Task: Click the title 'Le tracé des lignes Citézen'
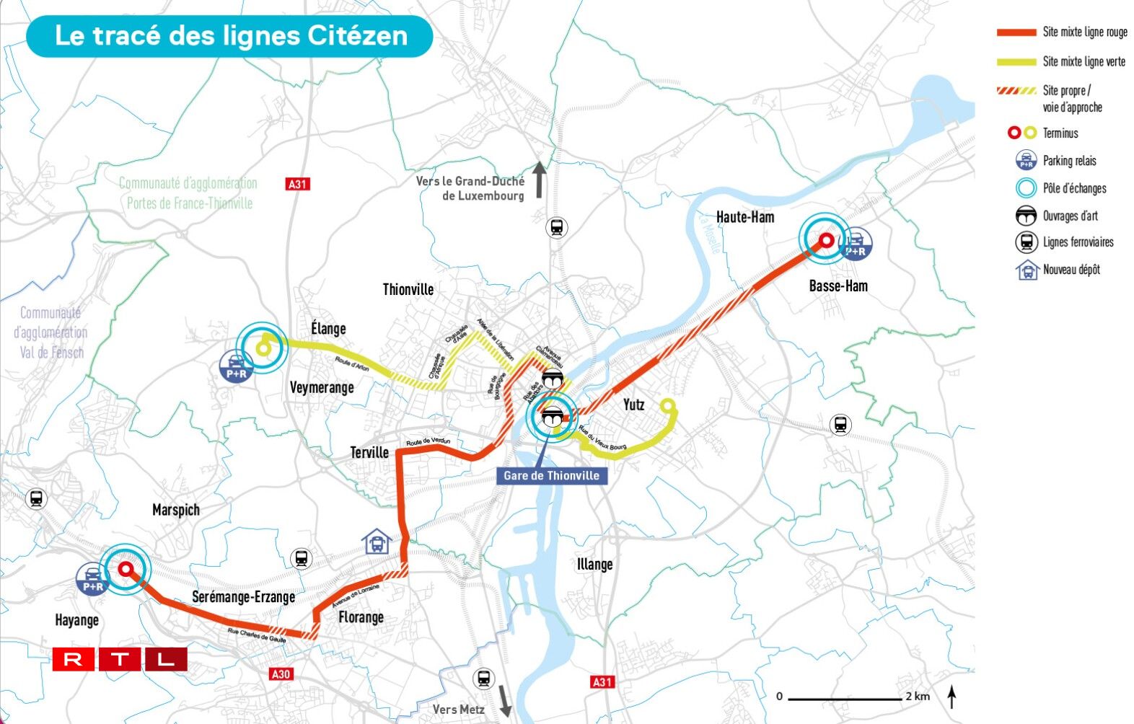231,36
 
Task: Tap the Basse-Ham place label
838,286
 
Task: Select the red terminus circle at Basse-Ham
826,241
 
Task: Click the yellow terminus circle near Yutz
669,405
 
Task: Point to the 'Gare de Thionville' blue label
551,475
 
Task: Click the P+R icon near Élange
237,366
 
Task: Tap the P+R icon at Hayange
93,579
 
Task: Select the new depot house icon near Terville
377,541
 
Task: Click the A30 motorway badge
281,674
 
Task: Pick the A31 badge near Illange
602,681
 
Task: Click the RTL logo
120,659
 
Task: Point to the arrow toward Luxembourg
539,180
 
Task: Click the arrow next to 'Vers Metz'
505,702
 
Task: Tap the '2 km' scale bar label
918,696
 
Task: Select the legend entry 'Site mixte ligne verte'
1084,62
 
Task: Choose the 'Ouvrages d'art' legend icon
1026,216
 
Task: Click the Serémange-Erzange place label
243,597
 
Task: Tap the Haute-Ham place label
745,217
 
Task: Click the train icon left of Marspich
35,498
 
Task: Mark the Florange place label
361,617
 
